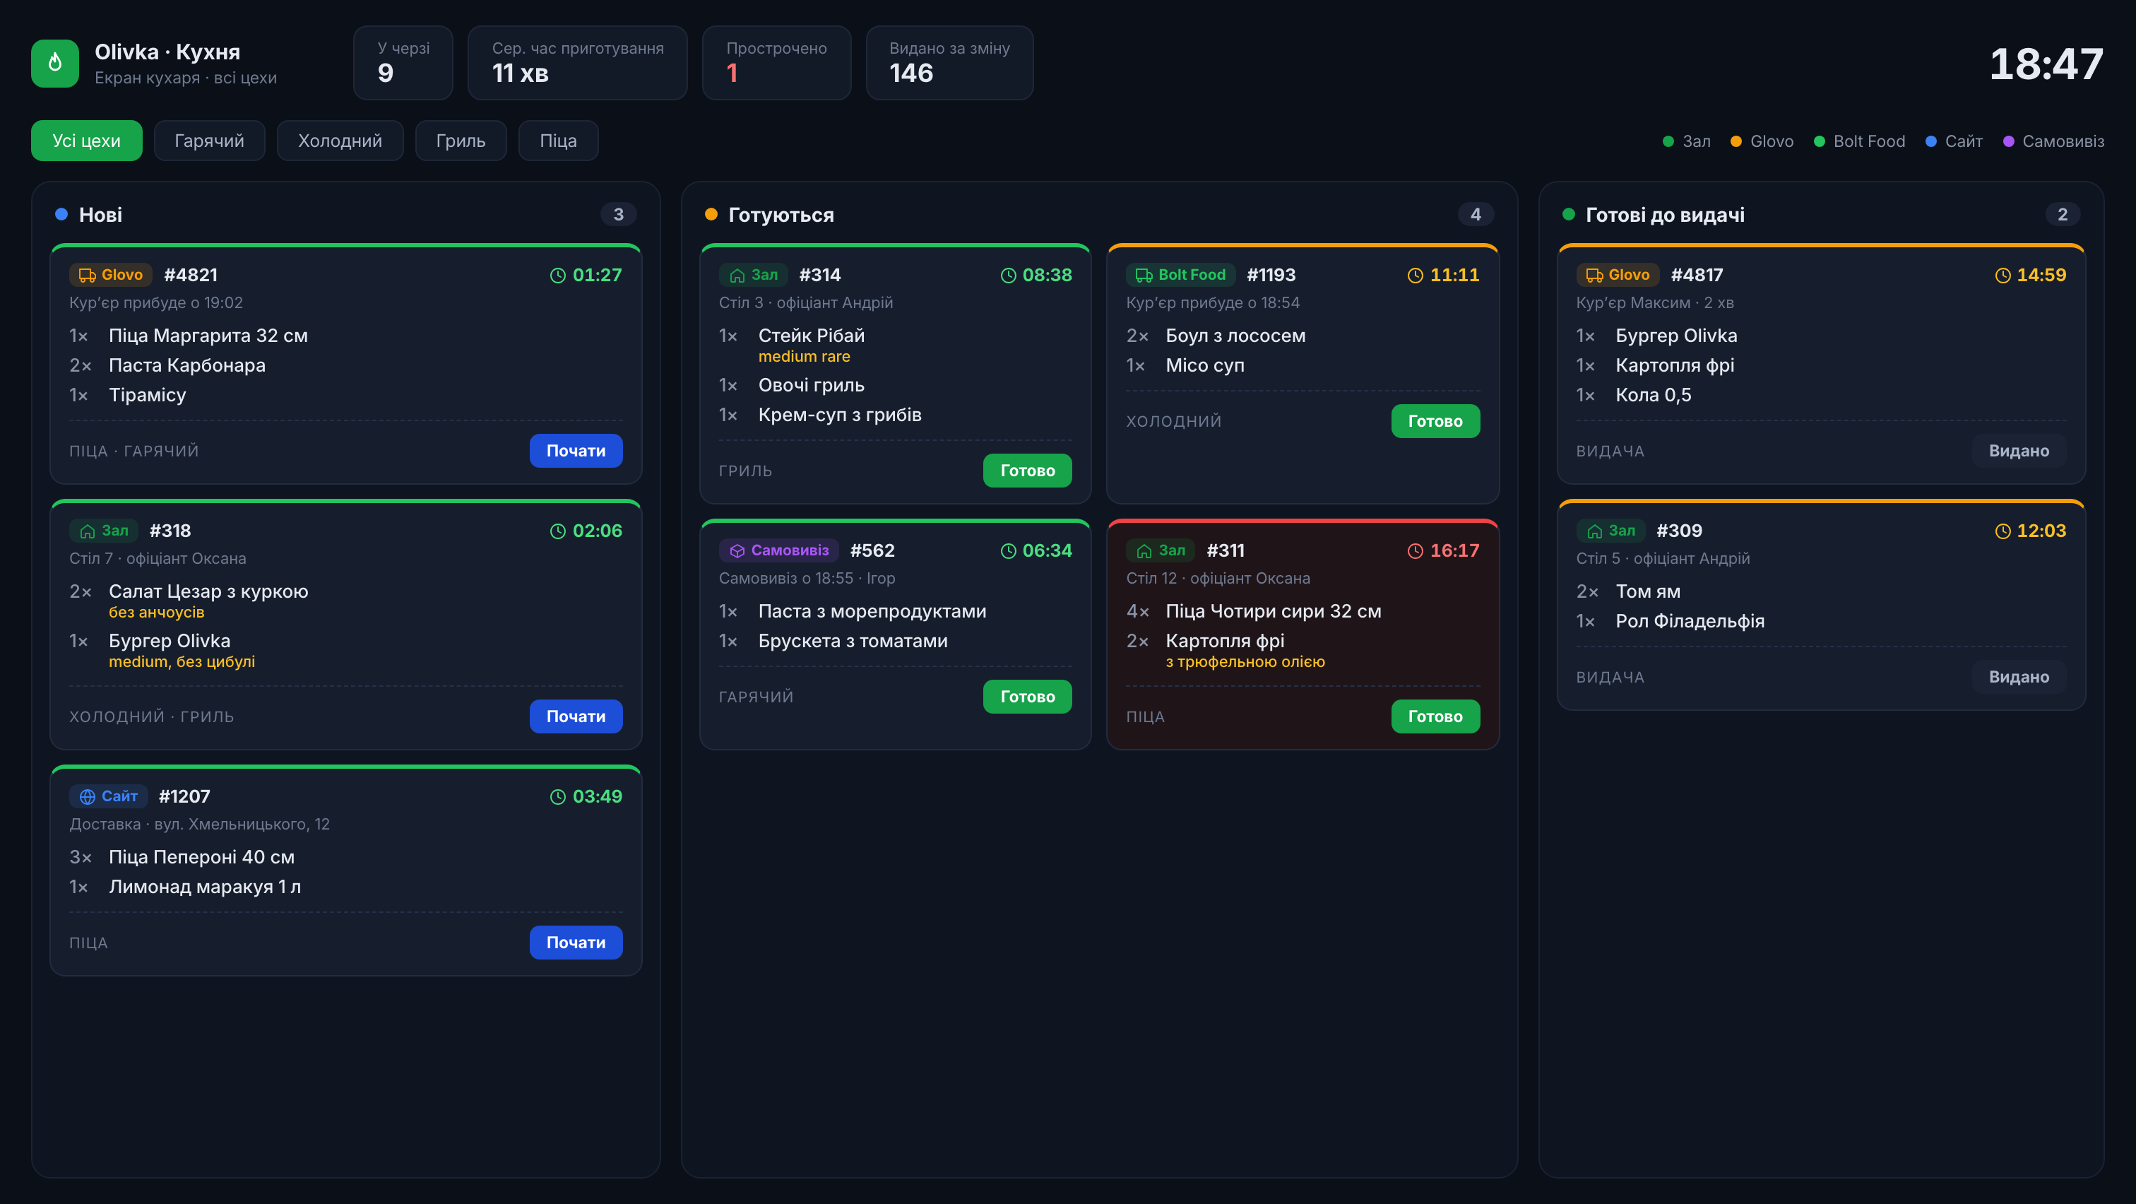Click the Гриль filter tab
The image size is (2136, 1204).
click(461, 141)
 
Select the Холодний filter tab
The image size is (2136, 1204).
click(340, 141)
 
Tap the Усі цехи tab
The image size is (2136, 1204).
click(86, 141)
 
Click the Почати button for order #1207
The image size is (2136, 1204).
click(576, 942)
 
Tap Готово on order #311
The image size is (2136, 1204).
click(1435, 716)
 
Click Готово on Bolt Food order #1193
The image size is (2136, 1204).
click(1435, 421)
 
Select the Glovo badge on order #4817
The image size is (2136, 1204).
click(1617, 274)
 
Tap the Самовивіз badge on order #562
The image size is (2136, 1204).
click(778, 550)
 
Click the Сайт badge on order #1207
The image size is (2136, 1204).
click(109, 796)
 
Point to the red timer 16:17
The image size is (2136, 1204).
click(1444, 550)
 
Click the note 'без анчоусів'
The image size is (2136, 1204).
click(157, 612)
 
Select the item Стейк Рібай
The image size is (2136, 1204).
click(812, 336)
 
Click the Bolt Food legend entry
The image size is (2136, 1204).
click(1860, 141)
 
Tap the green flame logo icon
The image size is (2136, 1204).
click(54, 63)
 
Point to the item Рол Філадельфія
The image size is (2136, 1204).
click(1690, 621)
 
